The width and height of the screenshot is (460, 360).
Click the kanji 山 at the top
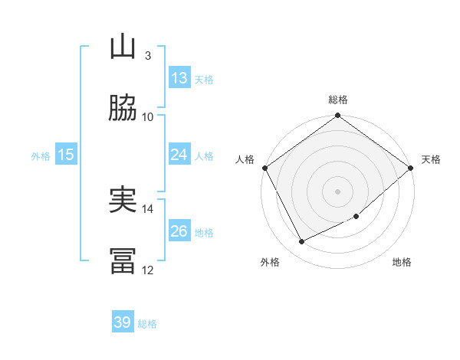(x=123, y=47)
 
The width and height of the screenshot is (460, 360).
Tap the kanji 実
(x=123, y=201)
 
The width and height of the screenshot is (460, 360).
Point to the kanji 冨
(x=123, y=261)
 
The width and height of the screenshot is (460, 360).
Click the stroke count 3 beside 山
(x=147, y=55)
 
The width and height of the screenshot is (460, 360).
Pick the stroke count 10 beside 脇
(x=148, y=116)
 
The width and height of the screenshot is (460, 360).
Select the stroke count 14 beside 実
(x=148, y=208)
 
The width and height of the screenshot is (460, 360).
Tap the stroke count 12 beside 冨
(x=148, y=270)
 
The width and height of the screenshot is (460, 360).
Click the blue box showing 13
(x=179, y=78)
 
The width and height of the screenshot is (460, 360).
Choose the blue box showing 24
(x=179, y=155)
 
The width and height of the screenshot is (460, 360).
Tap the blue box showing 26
(x=179, y=231)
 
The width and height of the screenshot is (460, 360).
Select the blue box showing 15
(x=66, y=155)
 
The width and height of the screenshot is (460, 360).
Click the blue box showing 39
(x=123, y=322)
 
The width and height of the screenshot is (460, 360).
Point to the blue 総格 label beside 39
(x=147, y=324)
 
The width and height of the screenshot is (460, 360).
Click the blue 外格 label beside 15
(x=41, y=156)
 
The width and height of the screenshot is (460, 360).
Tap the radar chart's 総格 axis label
(x=338, y=100)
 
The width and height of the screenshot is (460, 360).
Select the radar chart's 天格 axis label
(x=431, y=159)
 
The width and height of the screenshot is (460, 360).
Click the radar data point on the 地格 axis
(x=356, y=217)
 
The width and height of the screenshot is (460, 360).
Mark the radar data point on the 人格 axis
(x=264, y=168)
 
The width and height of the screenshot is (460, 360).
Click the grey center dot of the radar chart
(x=338, y=191)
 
